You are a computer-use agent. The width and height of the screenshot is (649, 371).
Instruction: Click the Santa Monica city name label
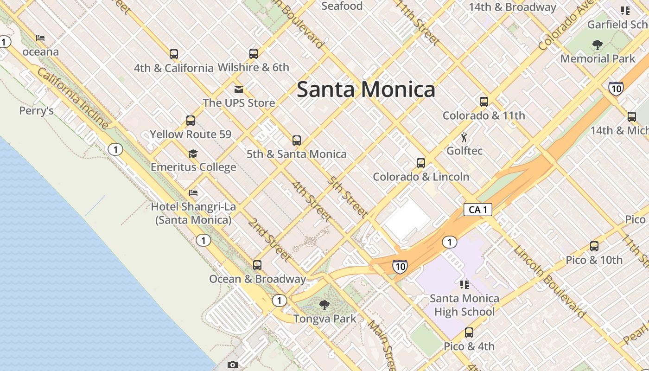pyautogui.click(x=366, y=89)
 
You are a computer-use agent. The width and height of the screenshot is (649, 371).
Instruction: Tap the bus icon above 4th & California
pyautogui.click(x=174, y=54)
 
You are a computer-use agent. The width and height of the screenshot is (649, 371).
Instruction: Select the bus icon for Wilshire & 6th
pyautogui.click(x=253, y=53)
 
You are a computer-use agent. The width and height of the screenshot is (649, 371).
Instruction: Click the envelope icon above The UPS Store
pyautogui.click(x=239, y=89)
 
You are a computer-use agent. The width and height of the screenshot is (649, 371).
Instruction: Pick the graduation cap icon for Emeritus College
pyautogui.click(x=193, y=154)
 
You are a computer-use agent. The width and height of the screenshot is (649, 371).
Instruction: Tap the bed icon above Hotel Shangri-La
pyautogui.click(x=193, y=192)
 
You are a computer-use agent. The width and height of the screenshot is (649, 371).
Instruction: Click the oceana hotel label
pyautogui.click(x=40, y=51)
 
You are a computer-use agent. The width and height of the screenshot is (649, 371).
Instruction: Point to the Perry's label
pyautogui.click(x=36, y=111)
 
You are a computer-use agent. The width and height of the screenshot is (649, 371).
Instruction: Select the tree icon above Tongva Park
pyautogui.click(x=324, y=305)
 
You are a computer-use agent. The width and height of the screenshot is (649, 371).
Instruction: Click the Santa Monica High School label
pyautogui.click(x=464, y=305)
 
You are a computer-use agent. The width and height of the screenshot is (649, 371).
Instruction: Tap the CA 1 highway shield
pyautogui.click(x=477, y=210)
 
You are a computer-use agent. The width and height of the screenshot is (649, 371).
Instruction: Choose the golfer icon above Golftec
pyautogui.click(x=464, y=137)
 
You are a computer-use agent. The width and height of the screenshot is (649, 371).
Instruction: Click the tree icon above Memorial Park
pyautogui.click(x=597, y=45)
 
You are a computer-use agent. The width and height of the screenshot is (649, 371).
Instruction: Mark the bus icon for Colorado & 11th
pyautogui.click(x=484, y=102)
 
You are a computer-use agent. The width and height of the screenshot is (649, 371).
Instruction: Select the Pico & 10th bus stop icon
pyautogui.click(x=594, y=246)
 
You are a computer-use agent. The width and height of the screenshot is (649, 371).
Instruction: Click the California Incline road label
pyautogui.click(x=72, y=98)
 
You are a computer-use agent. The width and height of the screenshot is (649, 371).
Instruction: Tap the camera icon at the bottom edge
pyautogui.click(x=233, y=365)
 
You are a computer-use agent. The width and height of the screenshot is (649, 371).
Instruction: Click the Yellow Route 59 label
pyautogui.click(x=190, y=134)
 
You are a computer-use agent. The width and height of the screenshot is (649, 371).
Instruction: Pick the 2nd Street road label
pyautogui.click(x=269, y=239)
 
